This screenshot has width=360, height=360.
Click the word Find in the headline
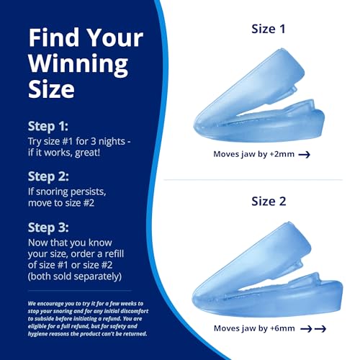click(x=52, y=37)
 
